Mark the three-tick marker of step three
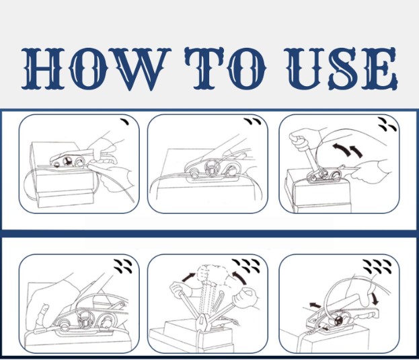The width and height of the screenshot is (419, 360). coord(386,124)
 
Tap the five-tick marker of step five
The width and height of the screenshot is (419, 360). coord(252,264)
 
